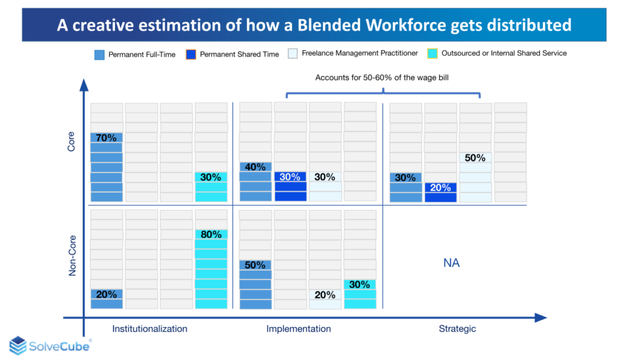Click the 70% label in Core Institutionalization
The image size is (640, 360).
point(106,137)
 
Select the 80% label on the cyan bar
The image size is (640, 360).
point(211,235)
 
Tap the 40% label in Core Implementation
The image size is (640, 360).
point(255,167)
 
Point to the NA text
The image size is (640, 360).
point(451,263)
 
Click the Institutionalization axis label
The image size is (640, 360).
point(149,329)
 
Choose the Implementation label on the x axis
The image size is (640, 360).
point(299,329)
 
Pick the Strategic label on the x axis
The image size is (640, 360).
point(457,329)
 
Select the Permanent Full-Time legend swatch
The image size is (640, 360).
point(99,54)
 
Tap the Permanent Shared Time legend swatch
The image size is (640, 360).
point(191,54)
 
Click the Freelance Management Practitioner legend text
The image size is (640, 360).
point(360,54)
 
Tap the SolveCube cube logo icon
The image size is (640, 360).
point(17,346)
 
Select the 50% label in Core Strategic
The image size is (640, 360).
point(475,158)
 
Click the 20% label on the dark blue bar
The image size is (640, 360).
point(440,187)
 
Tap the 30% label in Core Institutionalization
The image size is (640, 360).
point(211,177)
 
